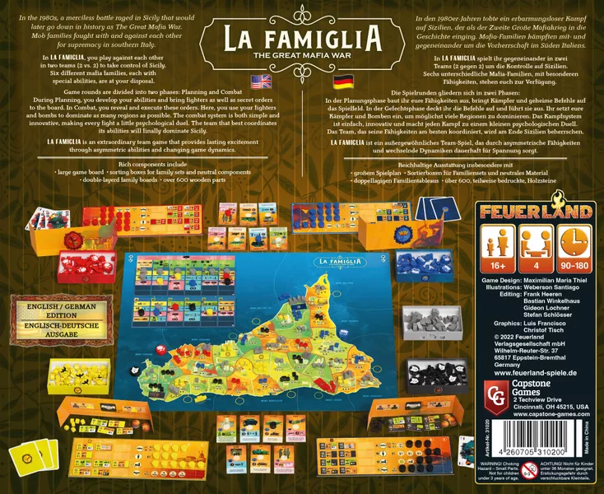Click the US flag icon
click(x=261, y=81)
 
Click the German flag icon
click(x=341, y=81)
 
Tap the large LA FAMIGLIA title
click(x=301, y=38)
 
